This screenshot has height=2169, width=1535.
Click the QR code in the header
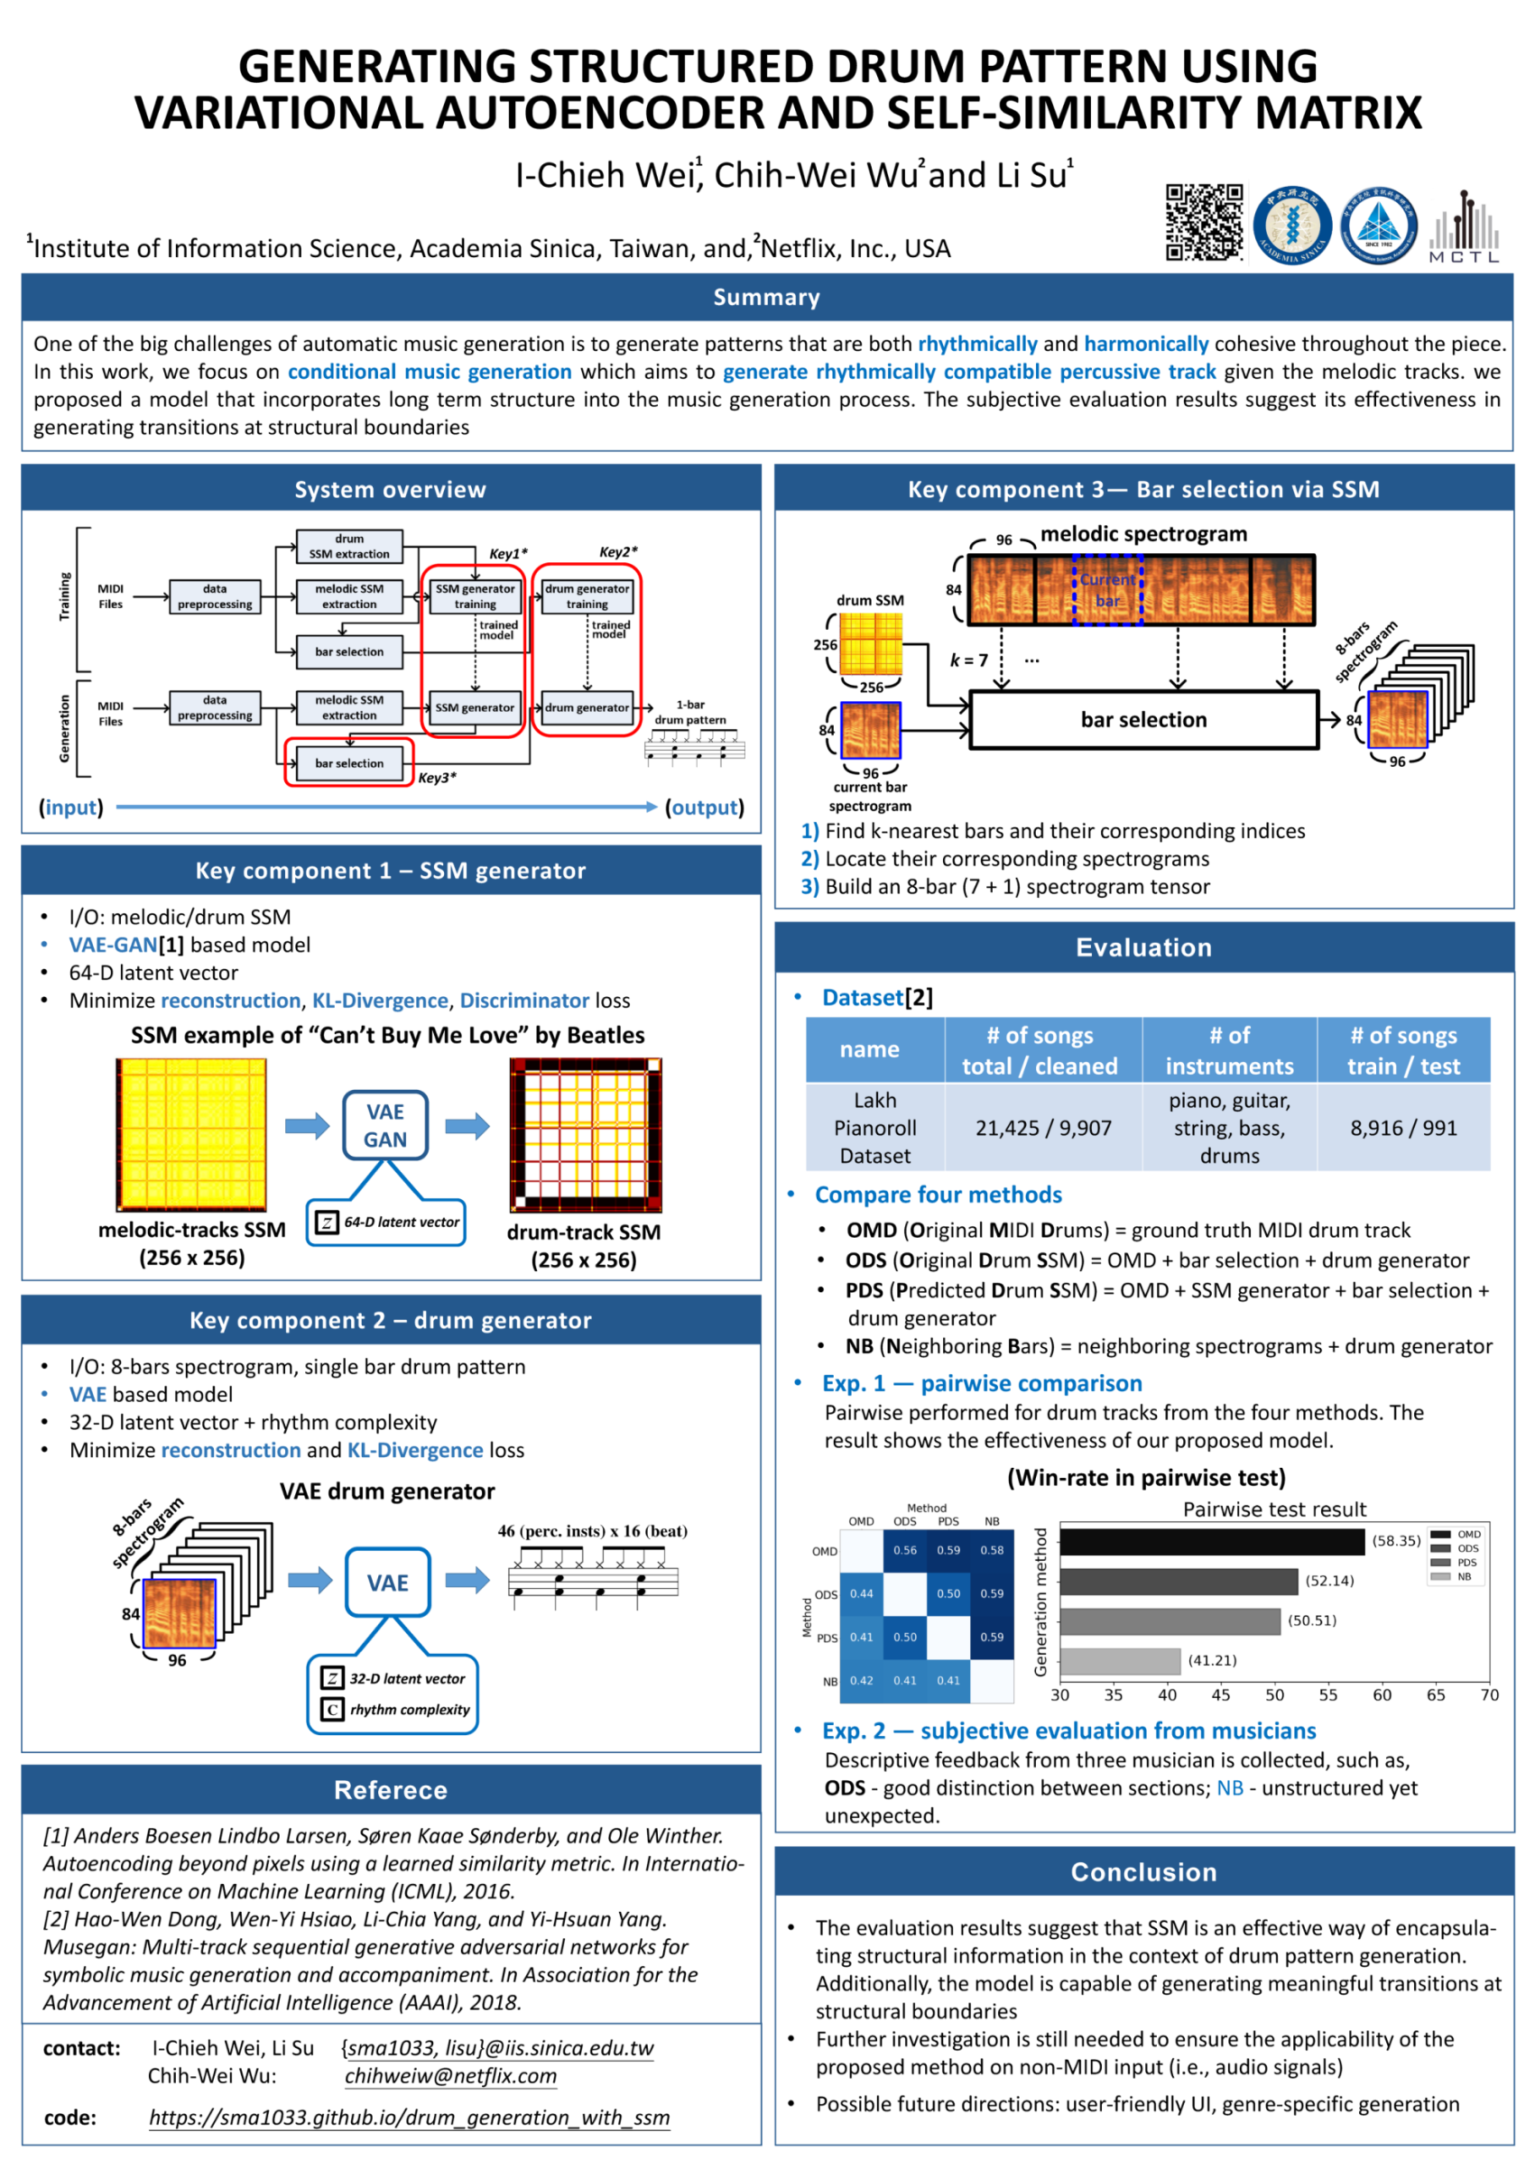point(1203,222)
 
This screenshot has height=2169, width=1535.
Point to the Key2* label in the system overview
point(618,552)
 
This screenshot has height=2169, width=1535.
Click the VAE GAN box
point(384,1125)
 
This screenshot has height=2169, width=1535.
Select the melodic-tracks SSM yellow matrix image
point(192,1134)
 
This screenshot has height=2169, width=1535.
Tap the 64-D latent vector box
point(386,1222)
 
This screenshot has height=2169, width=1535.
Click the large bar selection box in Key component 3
point(1143,720)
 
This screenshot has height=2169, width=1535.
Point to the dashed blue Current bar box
point(1107,589)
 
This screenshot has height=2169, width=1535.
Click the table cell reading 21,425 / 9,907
point(1042,1128)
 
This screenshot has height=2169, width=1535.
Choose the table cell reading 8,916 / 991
point(1402,1128)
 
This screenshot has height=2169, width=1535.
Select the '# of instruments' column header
point(1229,1050)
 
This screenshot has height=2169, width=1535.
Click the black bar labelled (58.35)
point(1212,1541)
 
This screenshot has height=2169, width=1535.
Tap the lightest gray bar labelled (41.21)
point(1120,1660)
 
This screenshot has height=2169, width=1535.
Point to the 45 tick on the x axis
point(1220,1694)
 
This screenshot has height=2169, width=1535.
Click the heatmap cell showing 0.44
point(861,1593)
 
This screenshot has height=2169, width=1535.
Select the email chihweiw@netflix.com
point(450,2075)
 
